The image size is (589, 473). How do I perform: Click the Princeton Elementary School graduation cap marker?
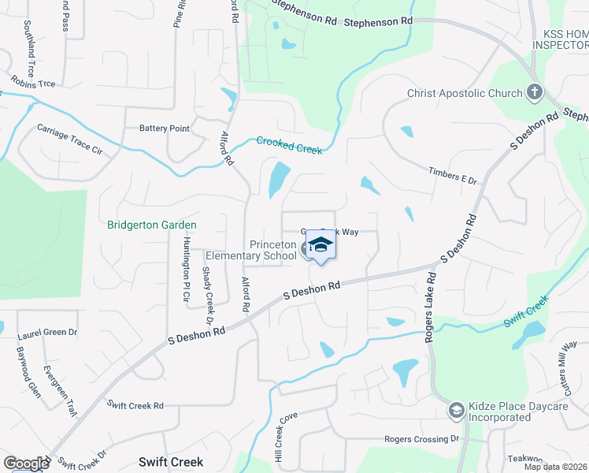coord(320,246)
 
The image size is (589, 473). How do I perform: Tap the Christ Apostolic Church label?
coord(465,93)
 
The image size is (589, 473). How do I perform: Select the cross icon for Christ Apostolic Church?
coord(535,93)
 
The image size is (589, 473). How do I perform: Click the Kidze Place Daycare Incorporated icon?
coord(455,410)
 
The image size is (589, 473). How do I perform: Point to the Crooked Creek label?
coord(289,144)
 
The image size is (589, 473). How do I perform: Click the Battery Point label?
coord(165,128)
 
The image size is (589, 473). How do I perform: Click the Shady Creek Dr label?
coord(207,295)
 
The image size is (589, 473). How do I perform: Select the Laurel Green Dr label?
coord(47,333)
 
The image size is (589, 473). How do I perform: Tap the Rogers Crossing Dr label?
coord(420,439)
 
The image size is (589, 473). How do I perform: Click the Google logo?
coord(26,463)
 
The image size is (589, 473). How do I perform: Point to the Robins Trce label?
coord(32,81)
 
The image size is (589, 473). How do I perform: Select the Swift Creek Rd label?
coord(135,405)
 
